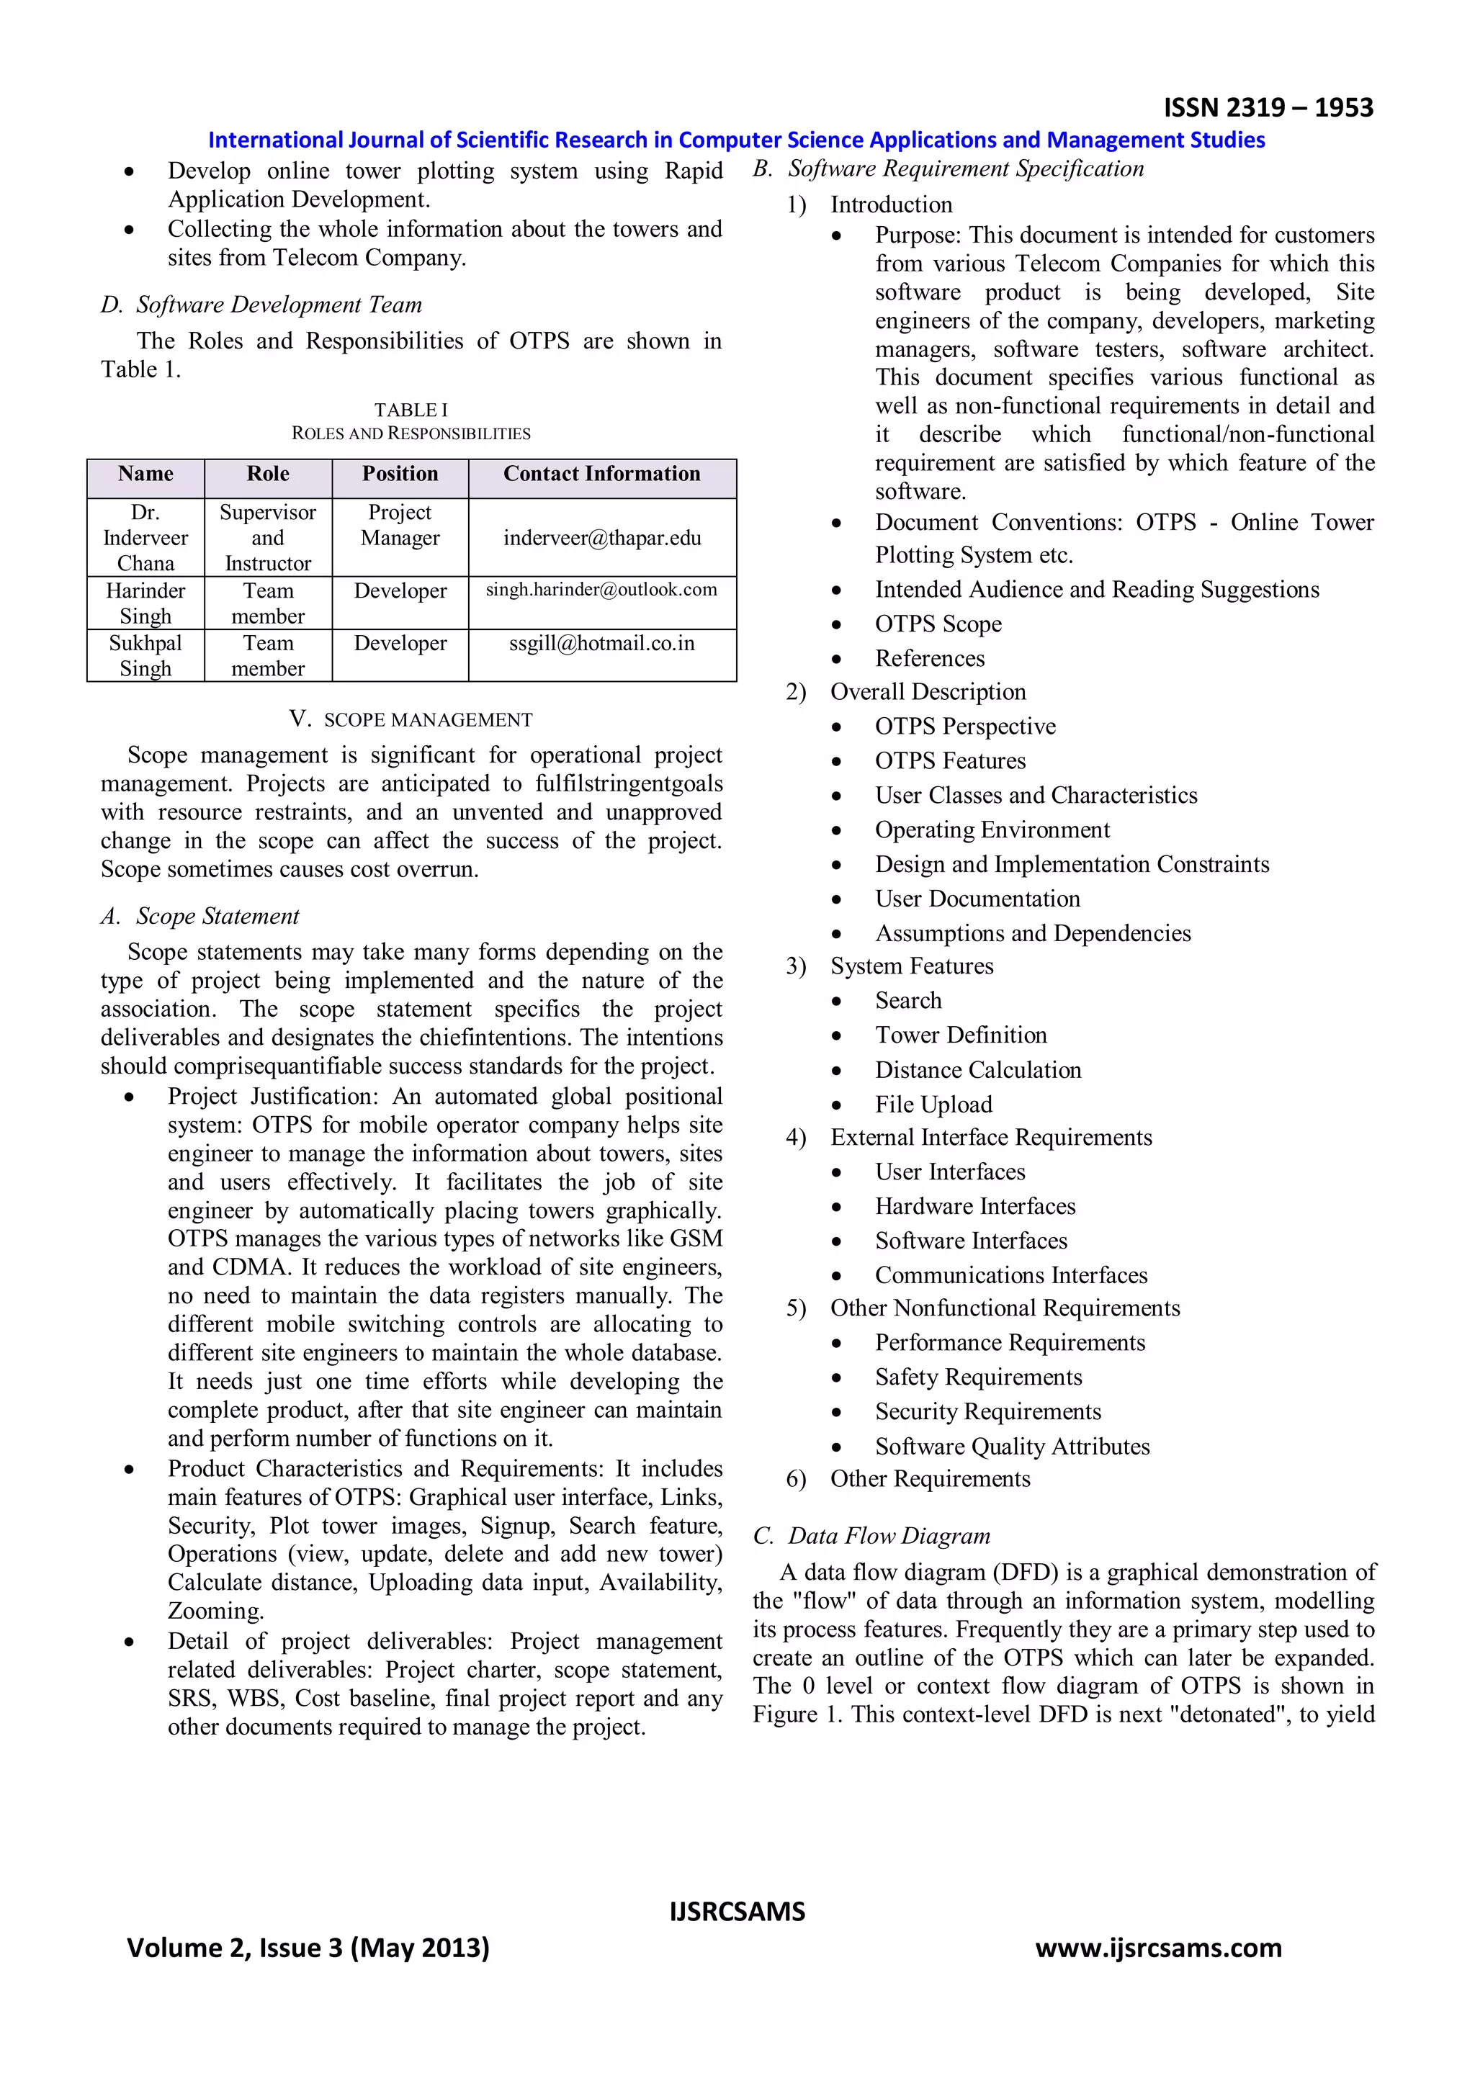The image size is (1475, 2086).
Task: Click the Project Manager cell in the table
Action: [x=400, y=525]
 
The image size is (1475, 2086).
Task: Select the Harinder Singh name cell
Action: [x=145, y=603]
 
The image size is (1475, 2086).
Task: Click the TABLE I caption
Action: [x=411, y=410]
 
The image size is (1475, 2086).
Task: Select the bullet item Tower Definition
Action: [x=961, y=1035]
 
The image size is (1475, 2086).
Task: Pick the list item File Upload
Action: [x=933, y=1104]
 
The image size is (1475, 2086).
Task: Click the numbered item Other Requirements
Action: [x=930, y=1478]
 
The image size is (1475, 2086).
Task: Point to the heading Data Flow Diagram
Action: [x=888, y=1535]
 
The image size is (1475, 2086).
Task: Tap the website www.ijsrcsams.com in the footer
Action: [x=1158, y=1947]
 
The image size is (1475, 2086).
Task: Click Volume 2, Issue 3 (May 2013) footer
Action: [x=308, y=1947]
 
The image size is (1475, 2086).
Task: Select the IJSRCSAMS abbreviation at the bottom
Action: [x=737, y=1912]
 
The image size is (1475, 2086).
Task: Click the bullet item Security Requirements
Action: [x=988, y=1411]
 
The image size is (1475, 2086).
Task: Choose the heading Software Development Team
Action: [x=278, y=305]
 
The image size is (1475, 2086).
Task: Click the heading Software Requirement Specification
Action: [x=965, y=169]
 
